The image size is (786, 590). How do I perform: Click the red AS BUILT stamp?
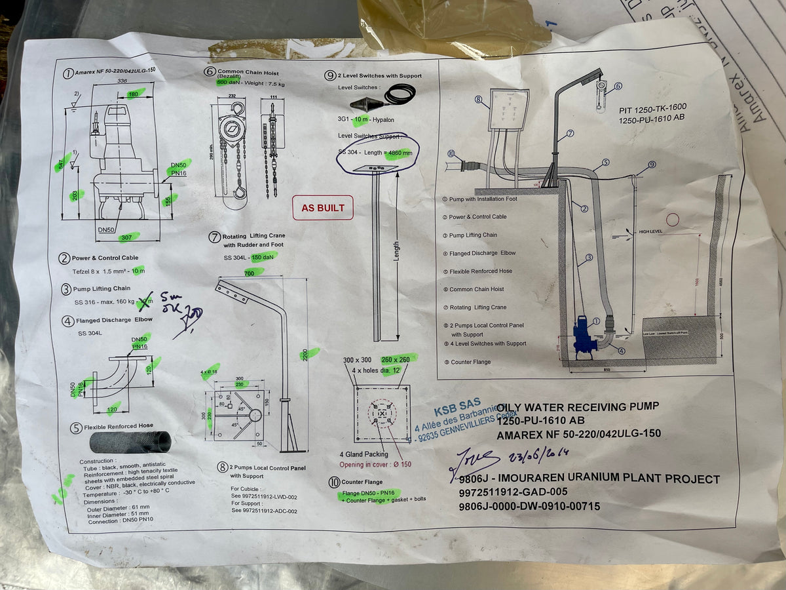point(322,208)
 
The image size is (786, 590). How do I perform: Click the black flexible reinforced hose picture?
point(130,441)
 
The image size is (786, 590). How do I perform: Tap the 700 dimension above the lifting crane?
point(250,272)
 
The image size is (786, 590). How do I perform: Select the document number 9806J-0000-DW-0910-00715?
point(529,506)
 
